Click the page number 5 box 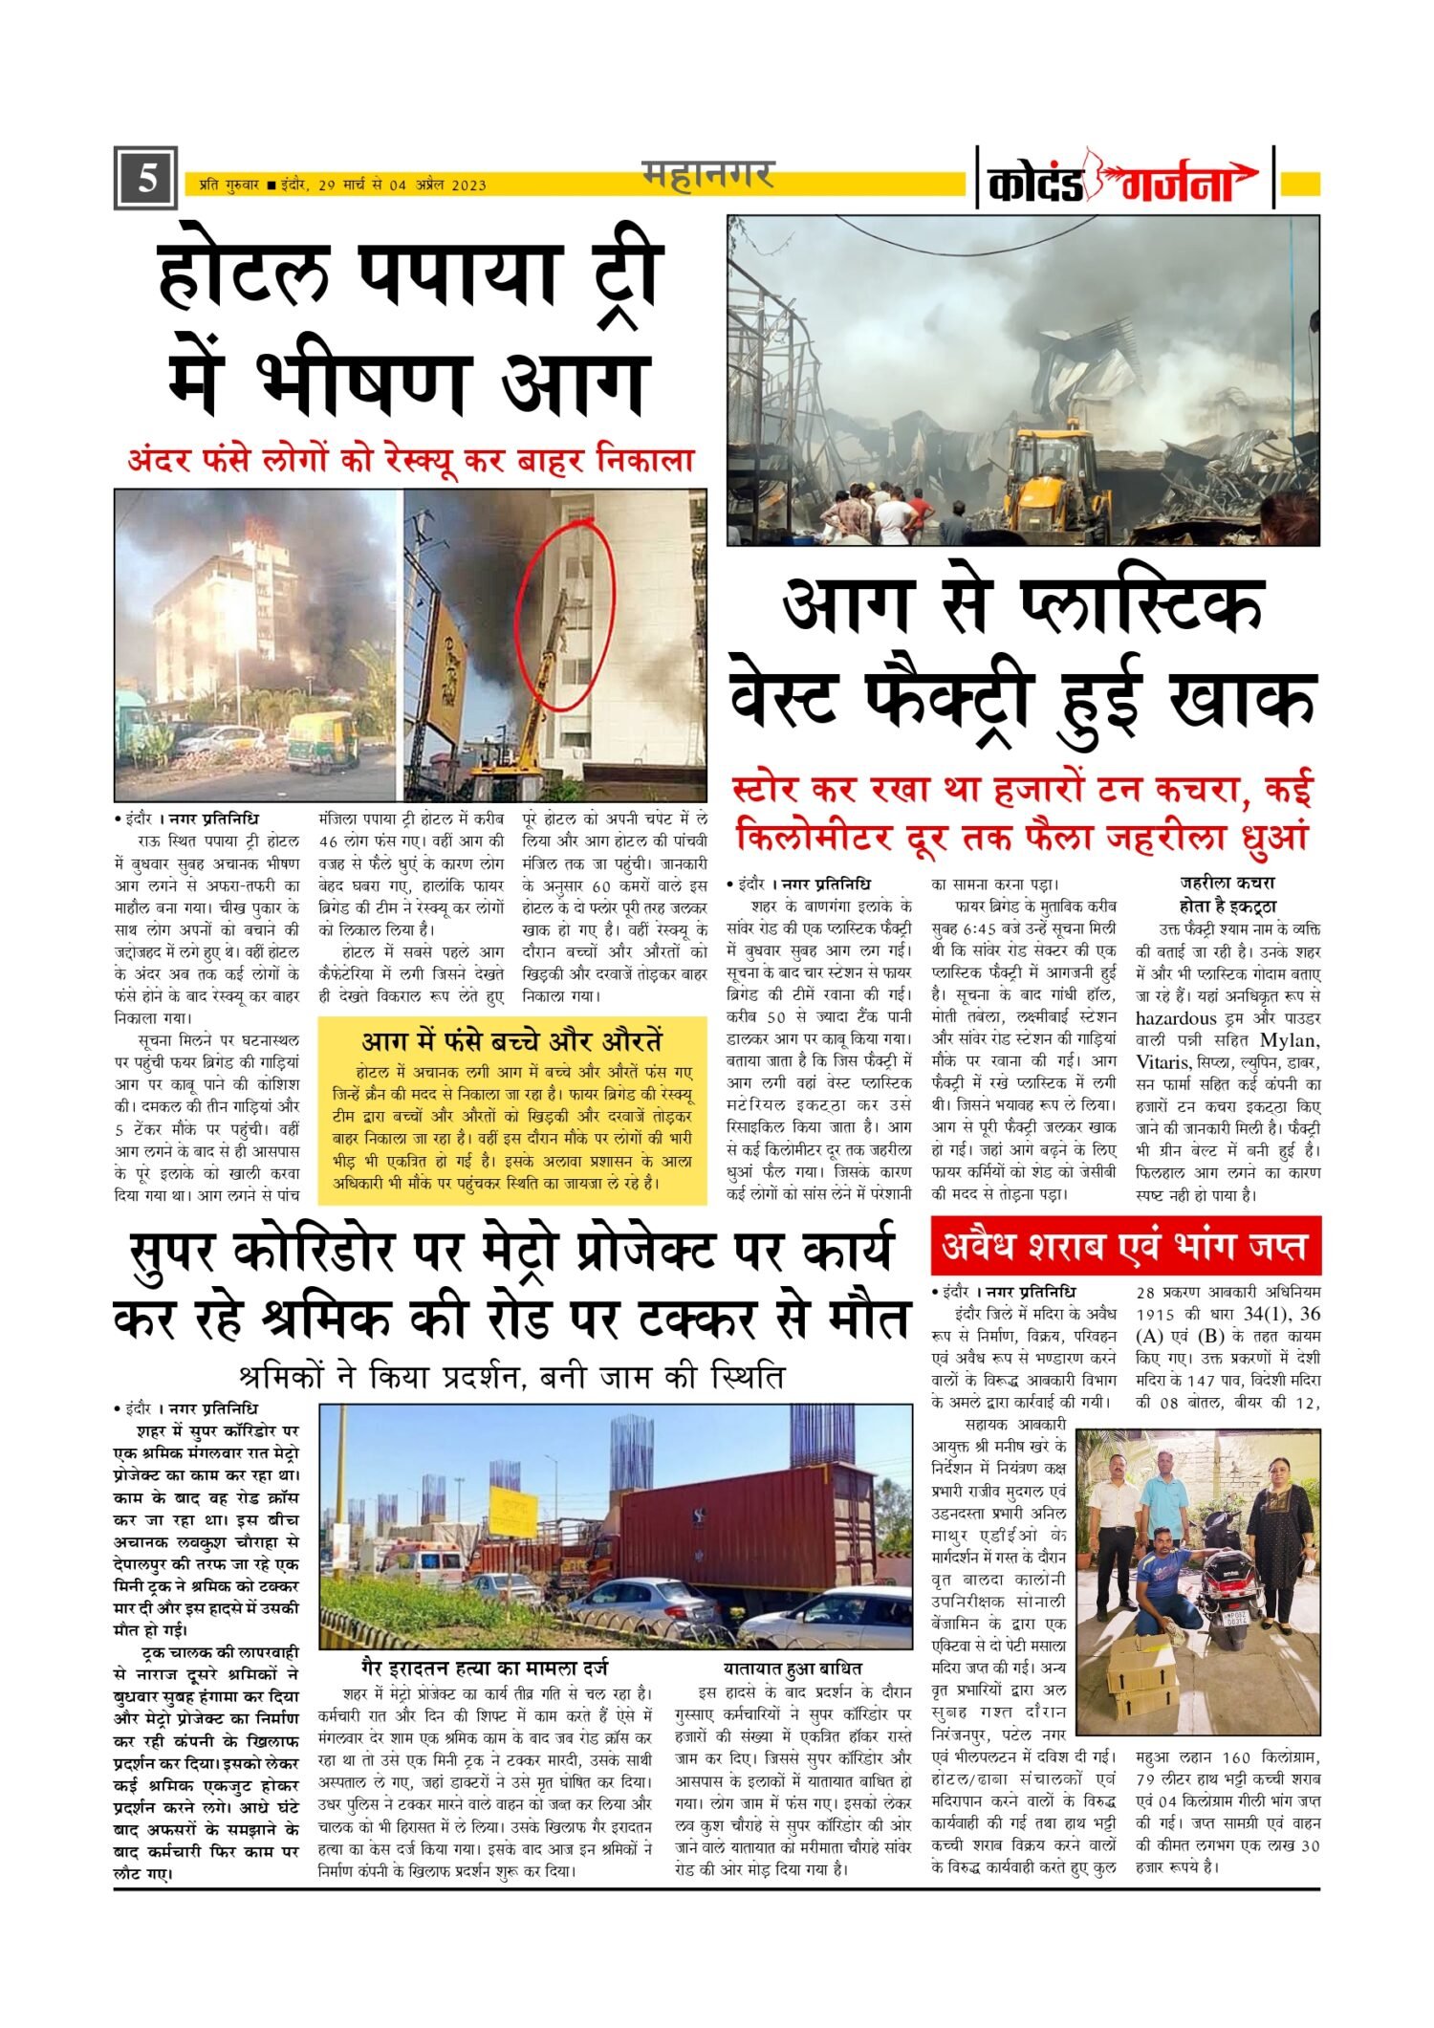tap(145, 178)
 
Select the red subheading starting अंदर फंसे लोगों tap(410, 460)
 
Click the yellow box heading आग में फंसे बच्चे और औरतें tap(511, 1041)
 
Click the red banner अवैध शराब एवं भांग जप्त tap(1125, 1247)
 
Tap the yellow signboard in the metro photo tap(512, 1512)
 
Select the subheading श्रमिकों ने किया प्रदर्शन tap(511, 1378)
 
